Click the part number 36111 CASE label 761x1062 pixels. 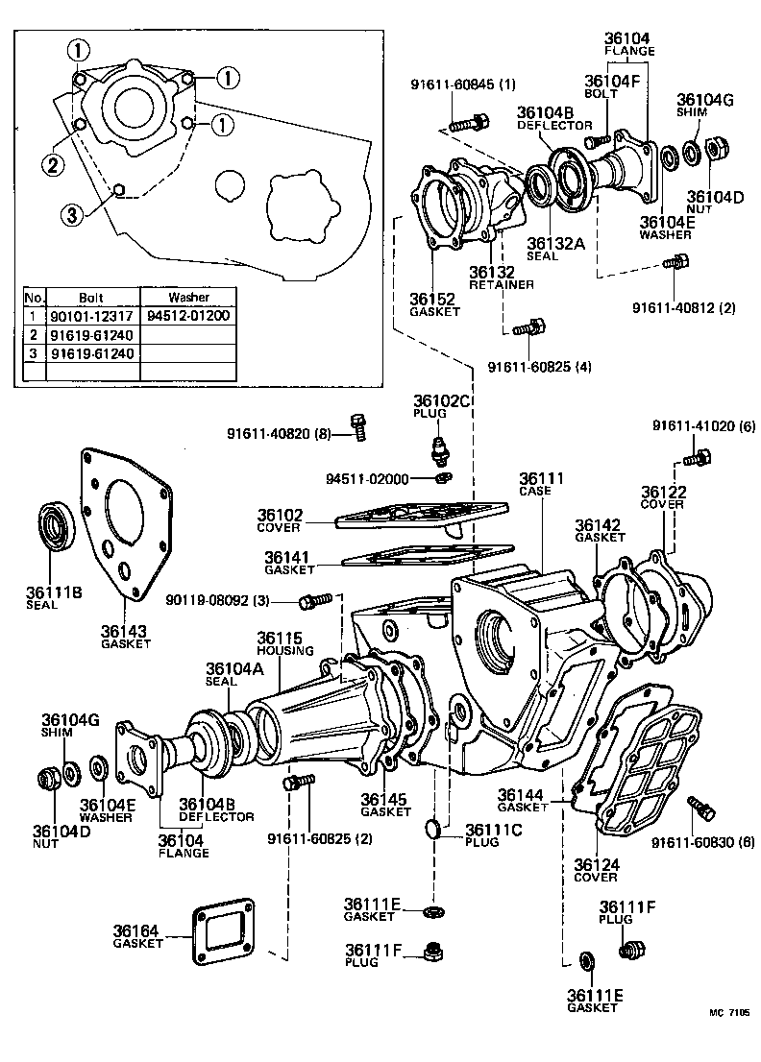tap(541, 483)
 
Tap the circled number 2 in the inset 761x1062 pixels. tap(52, 165)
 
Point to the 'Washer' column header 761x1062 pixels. tap(188, 297)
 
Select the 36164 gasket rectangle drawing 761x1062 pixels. tap(224, 929)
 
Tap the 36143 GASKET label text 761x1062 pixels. tap(126, 637)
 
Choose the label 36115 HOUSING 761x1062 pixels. tap(280, 643)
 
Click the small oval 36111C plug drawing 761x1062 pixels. tap(434, 827)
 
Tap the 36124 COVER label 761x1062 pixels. tap(597, 870)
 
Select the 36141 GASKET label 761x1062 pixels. tap(289, 563)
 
